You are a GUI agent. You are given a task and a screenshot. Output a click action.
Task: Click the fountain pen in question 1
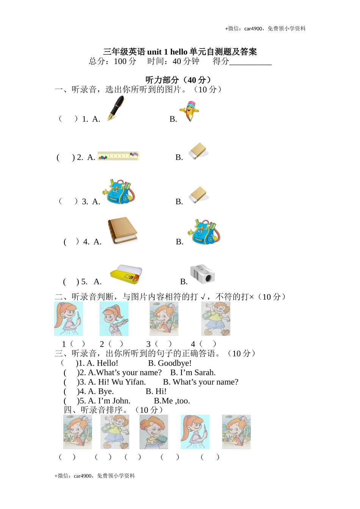(116, 108)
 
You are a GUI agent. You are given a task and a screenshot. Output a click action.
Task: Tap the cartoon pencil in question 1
(190, 111)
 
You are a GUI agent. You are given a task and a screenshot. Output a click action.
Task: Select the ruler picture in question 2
(118, 156)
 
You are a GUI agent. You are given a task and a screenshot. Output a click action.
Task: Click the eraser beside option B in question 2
(198, 151)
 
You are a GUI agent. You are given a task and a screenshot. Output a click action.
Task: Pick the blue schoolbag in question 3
(118, 192)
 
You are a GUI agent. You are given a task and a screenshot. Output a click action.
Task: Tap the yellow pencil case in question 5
(126, 273)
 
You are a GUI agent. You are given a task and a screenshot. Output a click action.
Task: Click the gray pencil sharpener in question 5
(202, 274)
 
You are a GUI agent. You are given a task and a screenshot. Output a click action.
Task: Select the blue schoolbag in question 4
(204, 231)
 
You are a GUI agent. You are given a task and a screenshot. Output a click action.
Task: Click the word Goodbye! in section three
(175, 363)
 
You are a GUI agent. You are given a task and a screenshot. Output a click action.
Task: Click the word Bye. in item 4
(106, 392)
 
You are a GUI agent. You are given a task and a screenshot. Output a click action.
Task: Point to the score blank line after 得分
(250, 62)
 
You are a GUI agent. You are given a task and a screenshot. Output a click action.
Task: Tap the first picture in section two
(69, 319)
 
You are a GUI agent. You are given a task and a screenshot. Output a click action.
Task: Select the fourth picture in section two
(216, 319)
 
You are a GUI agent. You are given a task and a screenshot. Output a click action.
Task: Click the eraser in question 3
(198, 195)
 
